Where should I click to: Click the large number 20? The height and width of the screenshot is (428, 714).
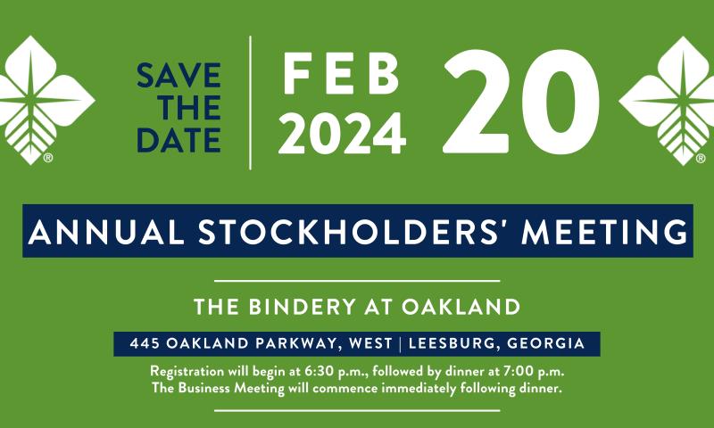[521, 102]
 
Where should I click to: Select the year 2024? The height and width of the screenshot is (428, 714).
[342, 134]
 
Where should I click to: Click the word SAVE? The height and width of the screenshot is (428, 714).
[179, 76]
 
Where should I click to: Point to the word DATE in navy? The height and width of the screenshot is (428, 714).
[179, 140]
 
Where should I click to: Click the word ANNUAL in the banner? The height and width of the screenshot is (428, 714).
[105, 231]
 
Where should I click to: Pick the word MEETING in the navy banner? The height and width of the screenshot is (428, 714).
[605, 231]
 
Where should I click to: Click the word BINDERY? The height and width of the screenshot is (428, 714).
[302, 307]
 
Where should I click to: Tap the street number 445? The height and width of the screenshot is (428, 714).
[145, 343]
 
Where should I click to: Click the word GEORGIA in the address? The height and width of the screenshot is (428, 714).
[545, 343]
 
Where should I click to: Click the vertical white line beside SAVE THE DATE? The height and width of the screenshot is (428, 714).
[251, 103]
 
